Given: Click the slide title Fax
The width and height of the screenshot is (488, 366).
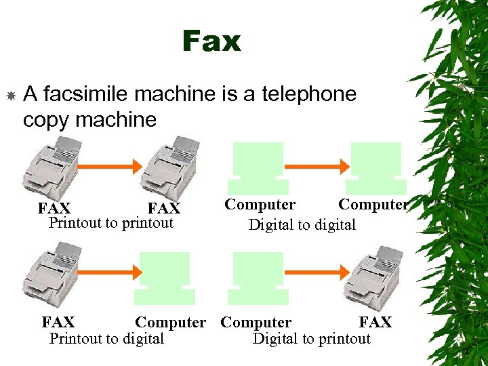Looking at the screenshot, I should pos(211,42).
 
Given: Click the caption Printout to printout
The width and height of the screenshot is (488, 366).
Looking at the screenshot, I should pos(110,223).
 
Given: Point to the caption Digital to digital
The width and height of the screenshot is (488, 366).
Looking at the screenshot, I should pos(302,224).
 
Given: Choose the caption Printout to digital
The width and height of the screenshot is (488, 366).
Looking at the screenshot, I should pos(106,338).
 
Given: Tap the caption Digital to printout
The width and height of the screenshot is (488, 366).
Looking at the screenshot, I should pos(311,338).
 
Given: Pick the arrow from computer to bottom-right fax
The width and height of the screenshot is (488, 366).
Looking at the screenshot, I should pos(316,272).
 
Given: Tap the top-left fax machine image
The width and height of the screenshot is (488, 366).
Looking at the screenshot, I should pos(54,167).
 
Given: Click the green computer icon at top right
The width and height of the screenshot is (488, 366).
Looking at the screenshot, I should pos(375,167).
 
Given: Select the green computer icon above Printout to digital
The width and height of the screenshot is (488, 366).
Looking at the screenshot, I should pos(165,278).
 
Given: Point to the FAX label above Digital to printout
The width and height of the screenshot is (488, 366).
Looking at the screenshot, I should pos(375,323).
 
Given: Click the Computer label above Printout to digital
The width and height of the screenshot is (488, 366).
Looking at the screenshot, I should pos(170,323).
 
